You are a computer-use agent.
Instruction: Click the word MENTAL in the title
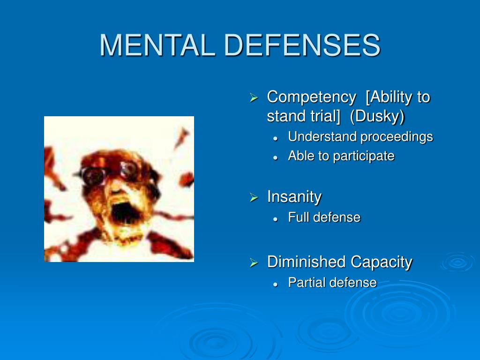tap(157, 45)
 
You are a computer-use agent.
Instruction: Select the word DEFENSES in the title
tap(302, 45)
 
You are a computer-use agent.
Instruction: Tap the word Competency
tap(311, 98)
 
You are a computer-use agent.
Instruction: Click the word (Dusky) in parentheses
tap(377, 116)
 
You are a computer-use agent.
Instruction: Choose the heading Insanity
tap(294, 196)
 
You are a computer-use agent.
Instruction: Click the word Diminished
tap(307, 262)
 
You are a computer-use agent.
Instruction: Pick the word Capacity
tap(382, 262)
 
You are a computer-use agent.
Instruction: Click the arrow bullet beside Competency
tap(254, 97)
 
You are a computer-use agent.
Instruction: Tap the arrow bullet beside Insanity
tap(254, 197)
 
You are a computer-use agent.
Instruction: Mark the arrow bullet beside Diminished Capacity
tap(254, 262)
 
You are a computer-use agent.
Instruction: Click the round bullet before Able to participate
tap(276, 157)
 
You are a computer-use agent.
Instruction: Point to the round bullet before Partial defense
tap(276, 284)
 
